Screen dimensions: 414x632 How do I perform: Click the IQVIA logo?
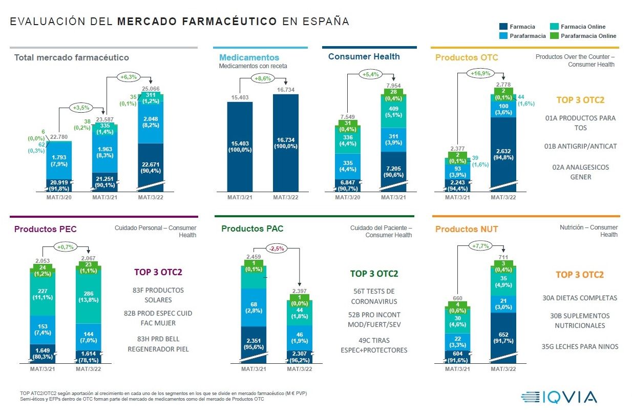coord(559,397)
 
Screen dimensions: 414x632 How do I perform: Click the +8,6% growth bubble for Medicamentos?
coord(263,78)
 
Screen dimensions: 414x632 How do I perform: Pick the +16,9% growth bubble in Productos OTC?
coord(479,73)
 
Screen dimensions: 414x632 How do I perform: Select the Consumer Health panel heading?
coord(364,56)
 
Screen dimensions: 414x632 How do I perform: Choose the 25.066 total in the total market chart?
coord(152,89)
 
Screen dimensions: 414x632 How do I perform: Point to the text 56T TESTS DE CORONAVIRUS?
coord(373,296)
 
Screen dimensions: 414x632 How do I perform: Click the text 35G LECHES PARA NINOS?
coord(580,346)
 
